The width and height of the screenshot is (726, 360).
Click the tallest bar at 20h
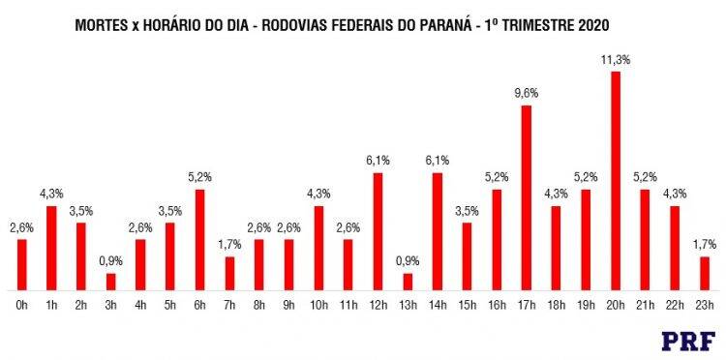[x=616, y=181]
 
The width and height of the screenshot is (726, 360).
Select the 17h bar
[x=527, y=198]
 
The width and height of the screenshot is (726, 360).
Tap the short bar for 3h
[x=111, y=282]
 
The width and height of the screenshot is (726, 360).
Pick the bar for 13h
[x=408, y=282]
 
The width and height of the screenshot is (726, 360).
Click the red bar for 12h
[x=378, y=231]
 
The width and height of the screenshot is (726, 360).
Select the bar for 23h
[x=705, y=274]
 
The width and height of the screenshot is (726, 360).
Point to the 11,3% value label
[x=616, y=60]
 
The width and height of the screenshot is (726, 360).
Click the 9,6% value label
[x=527, y=94]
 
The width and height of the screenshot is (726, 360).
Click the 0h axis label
[x=22, y=306]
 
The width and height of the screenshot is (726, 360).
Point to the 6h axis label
[x=200, y=306]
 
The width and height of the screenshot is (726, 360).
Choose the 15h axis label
[x=467, y=306]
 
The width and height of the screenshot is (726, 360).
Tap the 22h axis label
[x=675, y=306]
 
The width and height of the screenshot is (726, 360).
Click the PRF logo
[x=688, y=341]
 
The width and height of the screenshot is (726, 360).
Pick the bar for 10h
[x=318, y=249]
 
